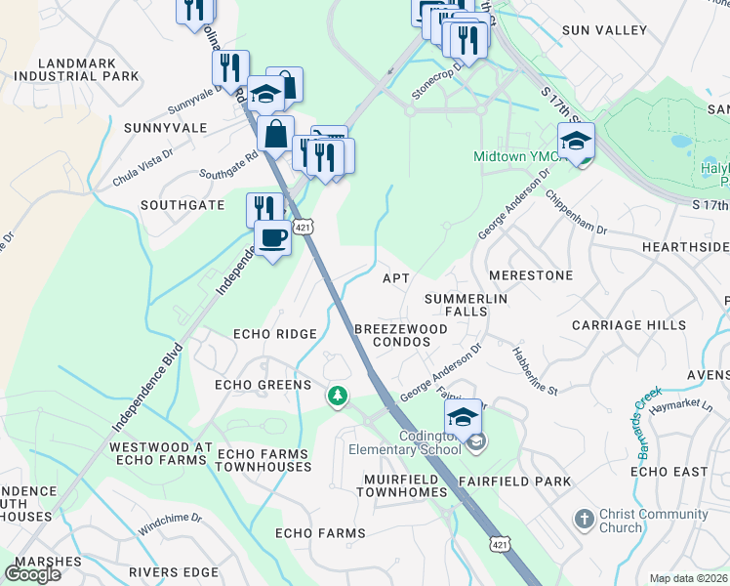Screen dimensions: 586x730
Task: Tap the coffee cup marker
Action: (x=272, y=237)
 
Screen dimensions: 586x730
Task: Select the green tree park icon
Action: (x=337, y=396)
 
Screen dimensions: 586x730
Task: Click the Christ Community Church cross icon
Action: (x=584, y=519)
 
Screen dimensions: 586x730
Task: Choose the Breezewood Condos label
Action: (x=401, y=337)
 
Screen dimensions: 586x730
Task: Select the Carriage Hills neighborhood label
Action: (x=629, y=325)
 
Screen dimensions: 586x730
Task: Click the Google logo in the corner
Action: (x=33, y=574)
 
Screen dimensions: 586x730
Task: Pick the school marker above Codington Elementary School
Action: (x=465, y=417)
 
